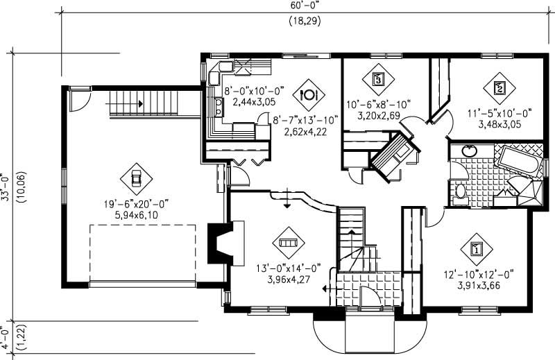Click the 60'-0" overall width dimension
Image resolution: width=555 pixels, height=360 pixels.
tap(300, 6)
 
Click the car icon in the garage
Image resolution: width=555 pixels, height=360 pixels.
tap(136, 180)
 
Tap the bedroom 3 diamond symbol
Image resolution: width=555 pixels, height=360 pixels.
tap(378, 78)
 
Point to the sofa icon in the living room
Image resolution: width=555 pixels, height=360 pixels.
tap(287, 243)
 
